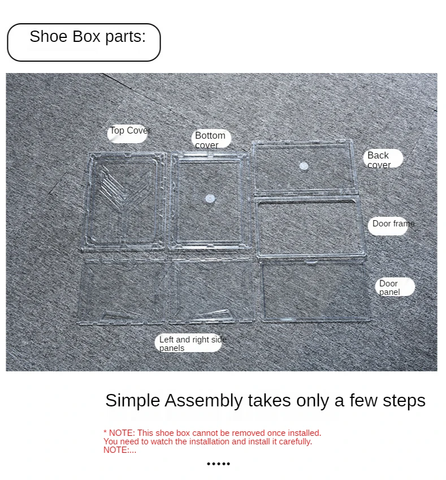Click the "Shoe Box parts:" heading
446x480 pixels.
click(88, 37)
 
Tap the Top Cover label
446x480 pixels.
click(129, 131)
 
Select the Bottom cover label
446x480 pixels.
click(211, 140)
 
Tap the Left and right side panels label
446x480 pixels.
click(192, 344)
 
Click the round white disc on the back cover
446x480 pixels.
click(304, 166)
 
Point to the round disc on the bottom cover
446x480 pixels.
click(210, 199)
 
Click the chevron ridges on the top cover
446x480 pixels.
click(114, 187)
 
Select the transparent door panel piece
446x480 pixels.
click(315, 291)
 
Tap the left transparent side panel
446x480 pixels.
click(122, 291)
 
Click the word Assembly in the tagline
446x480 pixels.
click(203, 401)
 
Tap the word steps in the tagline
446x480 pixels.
click(404, 401)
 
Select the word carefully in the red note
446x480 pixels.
click(295, 442)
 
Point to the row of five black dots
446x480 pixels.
click(218, 464)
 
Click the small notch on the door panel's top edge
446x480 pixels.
click(312, 262)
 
